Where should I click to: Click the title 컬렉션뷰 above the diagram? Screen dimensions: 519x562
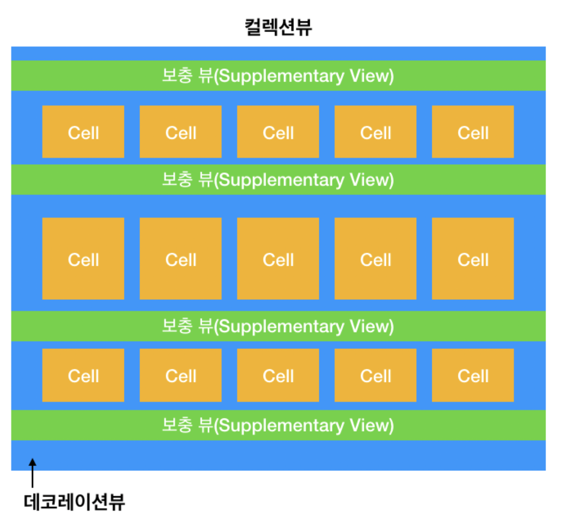click(278, 26)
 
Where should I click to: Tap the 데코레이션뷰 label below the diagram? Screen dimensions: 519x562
click(74, 502)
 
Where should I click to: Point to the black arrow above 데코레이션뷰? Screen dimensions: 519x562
click(33, 472)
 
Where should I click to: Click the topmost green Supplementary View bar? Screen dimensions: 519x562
click(278, 76)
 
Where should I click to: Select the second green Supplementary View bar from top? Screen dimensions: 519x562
click(278, 180)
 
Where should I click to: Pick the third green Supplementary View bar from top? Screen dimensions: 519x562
click(278, 326)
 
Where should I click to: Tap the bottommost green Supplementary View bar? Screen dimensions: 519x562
click(278, 425)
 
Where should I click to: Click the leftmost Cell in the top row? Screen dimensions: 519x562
click(83, 132)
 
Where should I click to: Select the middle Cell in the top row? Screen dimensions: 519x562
click(278, 132)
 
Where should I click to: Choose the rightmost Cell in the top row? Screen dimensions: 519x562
click(473, 132)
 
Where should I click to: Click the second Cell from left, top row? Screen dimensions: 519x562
click(180, 132)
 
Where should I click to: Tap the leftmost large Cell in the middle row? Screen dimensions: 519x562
click(83, 259)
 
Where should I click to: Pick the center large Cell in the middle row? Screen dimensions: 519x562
click(278, 259)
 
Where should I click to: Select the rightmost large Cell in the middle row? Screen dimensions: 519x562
click(473, 259)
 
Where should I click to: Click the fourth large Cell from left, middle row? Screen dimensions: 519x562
click(375, 259)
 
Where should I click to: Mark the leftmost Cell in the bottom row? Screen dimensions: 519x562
click(83, 375)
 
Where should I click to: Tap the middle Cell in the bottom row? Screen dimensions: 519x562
click(278, 375)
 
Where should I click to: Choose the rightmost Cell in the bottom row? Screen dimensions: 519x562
click(473, 375)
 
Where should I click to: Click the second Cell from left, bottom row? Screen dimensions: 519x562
click(180, 375)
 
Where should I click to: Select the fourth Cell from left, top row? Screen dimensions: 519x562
click(375, 132)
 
